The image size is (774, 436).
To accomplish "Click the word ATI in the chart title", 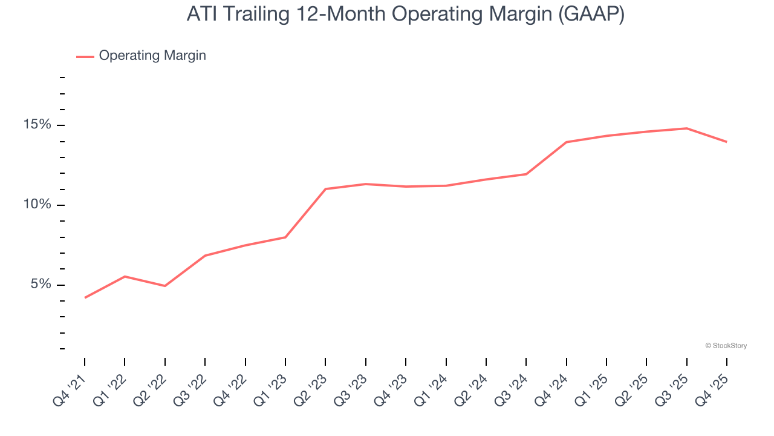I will coord(201,14).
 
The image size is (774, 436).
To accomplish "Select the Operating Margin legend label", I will coord(152,56).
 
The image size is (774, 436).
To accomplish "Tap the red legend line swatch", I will coord(85,56).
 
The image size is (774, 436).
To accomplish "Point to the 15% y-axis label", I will coord(37,125).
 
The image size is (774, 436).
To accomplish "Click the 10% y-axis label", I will coord(37,205).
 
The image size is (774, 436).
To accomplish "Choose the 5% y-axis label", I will coord(41,285).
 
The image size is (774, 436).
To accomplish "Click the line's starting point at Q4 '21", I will coord(85,297).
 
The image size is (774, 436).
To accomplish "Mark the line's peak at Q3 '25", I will coord(687,128).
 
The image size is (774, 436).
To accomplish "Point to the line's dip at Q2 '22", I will coord(165,286).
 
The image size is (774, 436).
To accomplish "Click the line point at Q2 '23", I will coord(325,189).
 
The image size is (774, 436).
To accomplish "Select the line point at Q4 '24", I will coord(567,142).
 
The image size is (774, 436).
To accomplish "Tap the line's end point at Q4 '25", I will coord(727,142).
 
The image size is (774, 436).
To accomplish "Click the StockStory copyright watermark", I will coord(726,346).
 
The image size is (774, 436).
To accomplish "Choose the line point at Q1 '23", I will coord(285,237).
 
